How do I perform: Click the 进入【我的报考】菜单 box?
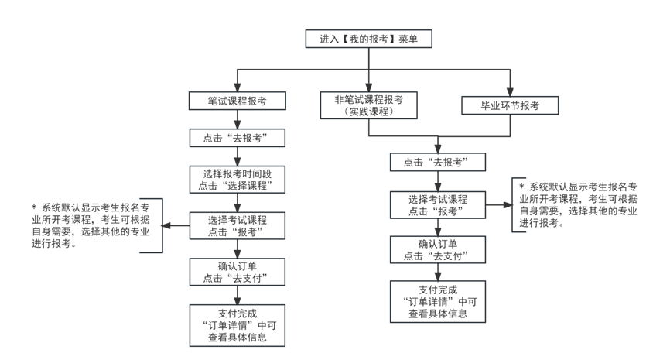(x=368, y=39)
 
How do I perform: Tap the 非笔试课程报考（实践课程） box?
(x=368, y=105)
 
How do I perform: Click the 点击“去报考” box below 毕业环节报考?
(x=439, y=163)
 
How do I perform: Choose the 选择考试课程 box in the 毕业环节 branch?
(x=439, y=204)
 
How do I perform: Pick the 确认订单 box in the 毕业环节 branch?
(x=439, y=250)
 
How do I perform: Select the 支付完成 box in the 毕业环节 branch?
(x=439, y=301)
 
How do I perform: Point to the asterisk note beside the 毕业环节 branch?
(x=579, y=205)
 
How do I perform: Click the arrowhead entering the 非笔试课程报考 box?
(x=368, y=87)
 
